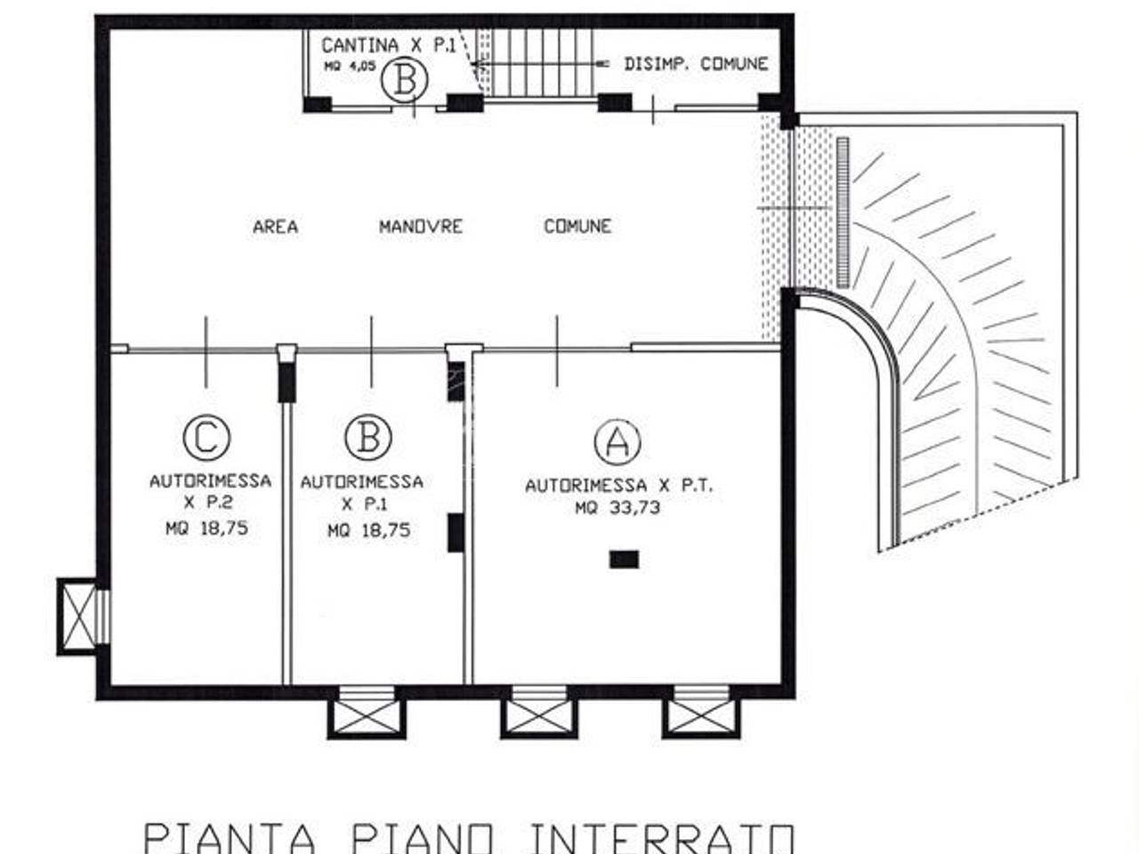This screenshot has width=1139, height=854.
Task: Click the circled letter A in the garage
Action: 617,441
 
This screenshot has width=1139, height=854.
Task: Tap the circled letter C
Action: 206,437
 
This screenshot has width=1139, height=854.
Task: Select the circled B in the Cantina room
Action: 404,79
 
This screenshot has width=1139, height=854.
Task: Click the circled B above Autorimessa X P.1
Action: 368,437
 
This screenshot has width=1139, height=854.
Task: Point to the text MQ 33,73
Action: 617,508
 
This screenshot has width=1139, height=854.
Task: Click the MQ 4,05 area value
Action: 350,65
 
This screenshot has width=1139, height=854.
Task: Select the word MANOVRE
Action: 421,227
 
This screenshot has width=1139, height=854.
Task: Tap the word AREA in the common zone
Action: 275,227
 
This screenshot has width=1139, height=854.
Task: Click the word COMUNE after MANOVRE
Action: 578,227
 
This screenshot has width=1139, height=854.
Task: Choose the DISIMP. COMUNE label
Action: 695,64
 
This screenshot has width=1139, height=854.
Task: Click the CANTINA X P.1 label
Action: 388,44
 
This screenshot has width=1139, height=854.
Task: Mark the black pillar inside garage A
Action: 624,560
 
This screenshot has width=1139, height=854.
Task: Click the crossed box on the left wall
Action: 78,616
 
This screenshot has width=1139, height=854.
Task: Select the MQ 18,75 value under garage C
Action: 206,528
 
